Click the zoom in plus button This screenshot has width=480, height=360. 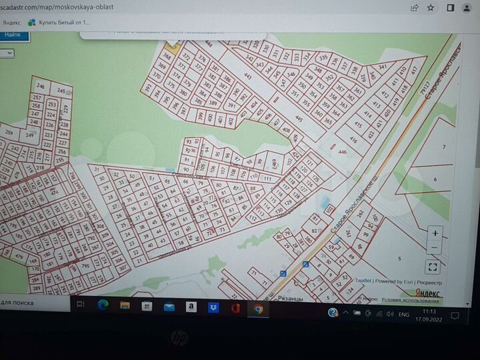435,233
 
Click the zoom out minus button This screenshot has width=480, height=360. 435,248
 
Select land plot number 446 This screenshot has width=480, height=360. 343,152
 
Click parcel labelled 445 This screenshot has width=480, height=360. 299,119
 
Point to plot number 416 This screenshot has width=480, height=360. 353,140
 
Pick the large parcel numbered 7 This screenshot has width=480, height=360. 443,146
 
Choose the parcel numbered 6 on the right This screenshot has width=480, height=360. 435,179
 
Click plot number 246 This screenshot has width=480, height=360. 41,87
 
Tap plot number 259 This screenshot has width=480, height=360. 9,132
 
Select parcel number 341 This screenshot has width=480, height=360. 383,67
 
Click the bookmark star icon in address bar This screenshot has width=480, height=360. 432,8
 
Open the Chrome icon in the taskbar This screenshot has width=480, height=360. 257,309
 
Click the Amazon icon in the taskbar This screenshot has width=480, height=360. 191,307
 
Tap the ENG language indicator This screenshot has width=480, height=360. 403,314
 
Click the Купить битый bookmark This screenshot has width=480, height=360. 59,22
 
